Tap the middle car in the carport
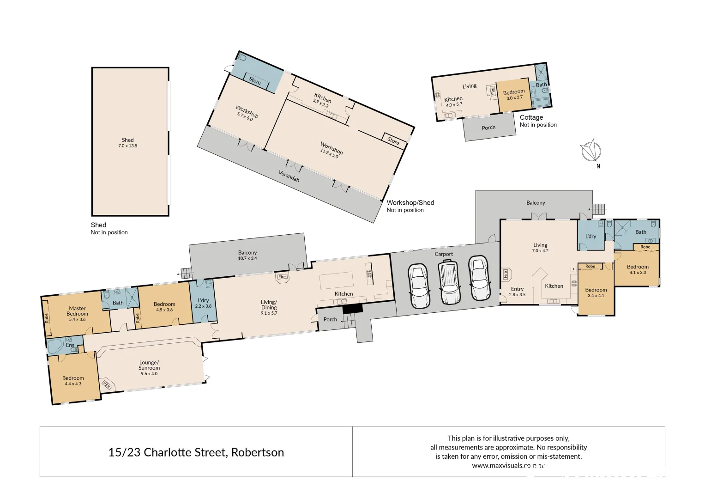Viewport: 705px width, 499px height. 449,281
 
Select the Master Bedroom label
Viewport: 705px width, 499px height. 77,311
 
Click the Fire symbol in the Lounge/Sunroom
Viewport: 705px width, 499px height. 107,384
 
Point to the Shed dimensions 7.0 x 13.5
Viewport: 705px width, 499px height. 127,146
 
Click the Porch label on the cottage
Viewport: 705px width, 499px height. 488,128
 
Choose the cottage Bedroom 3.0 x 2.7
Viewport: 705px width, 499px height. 513,95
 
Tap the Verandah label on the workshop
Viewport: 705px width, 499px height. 289,176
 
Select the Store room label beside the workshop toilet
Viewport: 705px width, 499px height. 255,80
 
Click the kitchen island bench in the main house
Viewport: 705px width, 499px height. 336,280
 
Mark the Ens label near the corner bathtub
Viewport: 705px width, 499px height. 70,345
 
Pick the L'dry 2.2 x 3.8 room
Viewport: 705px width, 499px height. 203,303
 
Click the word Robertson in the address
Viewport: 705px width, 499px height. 257,452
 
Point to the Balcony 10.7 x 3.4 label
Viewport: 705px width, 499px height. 247,255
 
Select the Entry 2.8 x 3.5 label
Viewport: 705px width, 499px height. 517,292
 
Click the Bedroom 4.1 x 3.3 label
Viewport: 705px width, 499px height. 638,269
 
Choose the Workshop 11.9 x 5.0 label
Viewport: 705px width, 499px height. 331,150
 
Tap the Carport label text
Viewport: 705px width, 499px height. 444,254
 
